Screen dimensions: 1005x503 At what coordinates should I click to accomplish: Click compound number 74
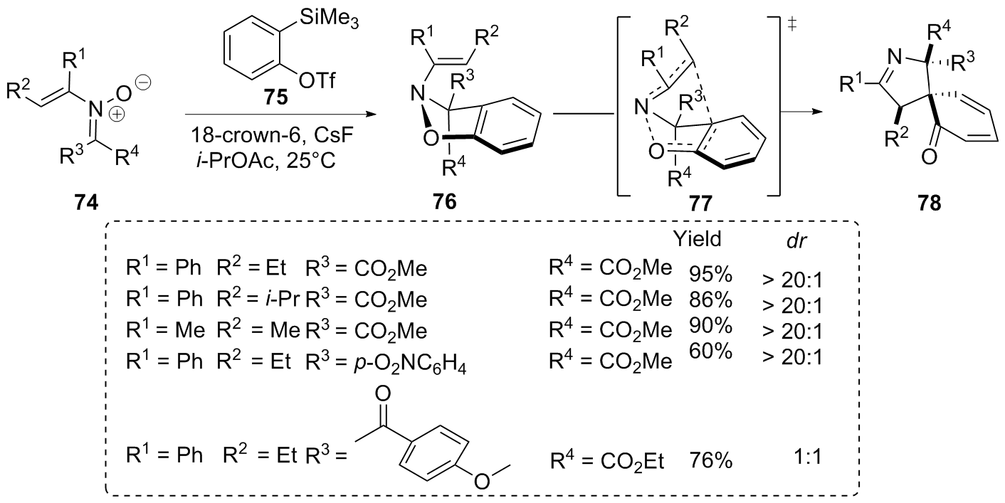pyautogui.click(x=86, y=203)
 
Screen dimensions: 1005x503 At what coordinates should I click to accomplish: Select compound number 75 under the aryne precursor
pyautogui.click(x=276, y=97)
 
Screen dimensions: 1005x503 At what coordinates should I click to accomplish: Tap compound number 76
pyautogui.click(x=445, y=202)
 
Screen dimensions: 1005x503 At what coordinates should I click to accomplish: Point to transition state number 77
pyautogui.click(x=700, y=203)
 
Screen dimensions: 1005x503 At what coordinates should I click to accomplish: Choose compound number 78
pyautogui.click(x=929, y=203)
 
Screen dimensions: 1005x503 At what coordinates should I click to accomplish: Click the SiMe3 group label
pyautogui.click(x=330, y=18)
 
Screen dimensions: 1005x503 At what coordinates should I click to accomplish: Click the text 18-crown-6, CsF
pyautogui.click(x=272, y=135)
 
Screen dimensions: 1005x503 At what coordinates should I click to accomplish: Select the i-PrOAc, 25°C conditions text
pyautogui.click(x=265, y=160)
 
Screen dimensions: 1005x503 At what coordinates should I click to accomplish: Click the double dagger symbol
pyautogui.click(x=792, y=24)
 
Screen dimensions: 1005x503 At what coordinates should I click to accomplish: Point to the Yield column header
pyautogui.click(x=697, y=239)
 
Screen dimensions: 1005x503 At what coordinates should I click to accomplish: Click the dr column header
pyautogui.click(x=796, y=241)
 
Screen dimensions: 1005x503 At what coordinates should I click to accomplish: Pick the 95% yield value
pyautogui.click(x=710, y=274)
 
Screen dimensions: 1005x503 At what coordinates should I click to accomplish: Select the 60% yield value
pyautogui.click(x=710, y=351)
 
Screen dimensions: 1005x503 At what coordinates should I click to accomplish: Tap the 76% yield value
pyautogui.click(x=710, y=460)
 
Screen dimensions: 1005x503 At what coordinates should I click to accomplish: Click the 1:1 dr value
pyautogui.click(x=807, y=457)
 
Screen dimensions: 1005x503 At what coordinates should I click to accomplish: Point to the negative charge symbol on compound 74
pyautogui.click(x=144, y=83)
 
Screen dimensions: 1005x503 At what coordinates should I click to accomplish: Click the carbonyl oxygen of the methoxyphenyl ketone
pyautogui.click(x=382, y=393)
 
